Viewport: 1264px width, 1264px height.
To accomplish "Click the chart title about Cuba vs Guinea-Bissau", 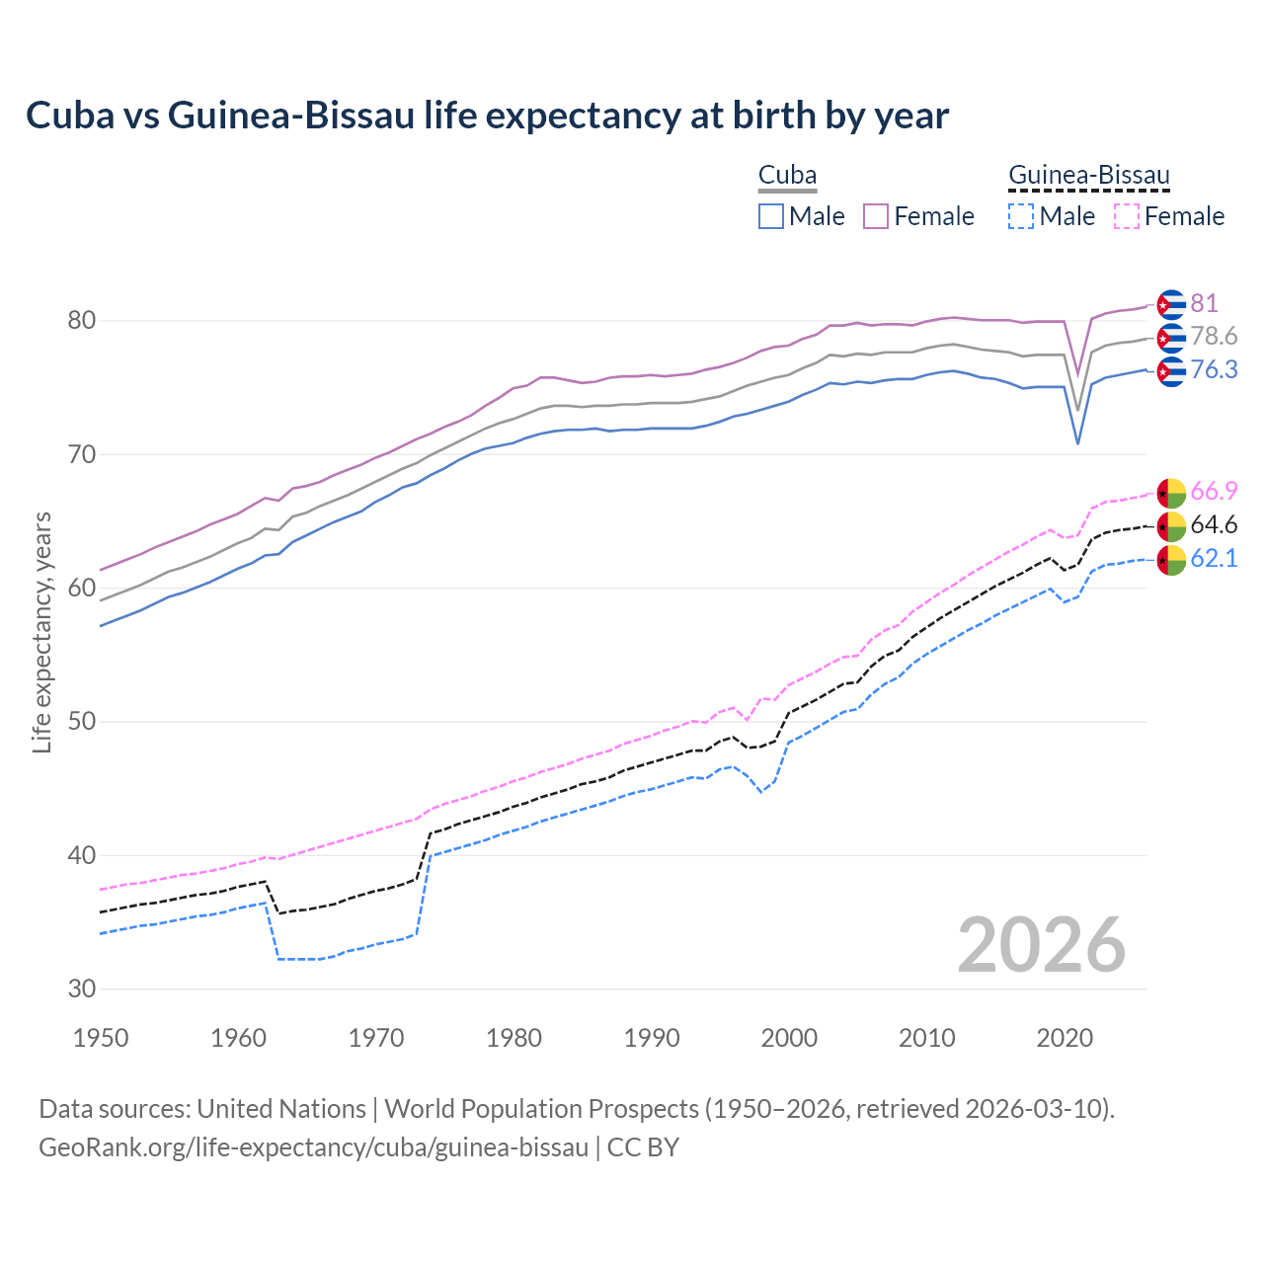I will pyautogui.click(x=487, y=116).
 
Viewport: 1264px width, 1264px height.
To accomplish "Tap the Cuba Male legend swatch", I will pyautogui.click(x=771, y=216).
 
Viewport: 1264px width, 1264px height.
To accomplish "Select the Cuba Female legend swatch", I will pyautogui.click(x=877, y=216).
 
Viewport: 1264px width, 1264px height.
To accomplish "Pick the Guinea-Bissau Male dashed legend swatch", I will pyautogui.click(x=1021, y=216).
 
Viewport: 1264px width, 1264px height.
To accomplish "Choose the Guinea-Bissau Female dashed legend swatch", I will pyautogui.click(x=1127, y=216).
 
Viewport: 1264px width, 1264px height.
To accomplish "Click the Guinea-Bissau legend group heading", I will pyautogui.click(x=1088, y=176).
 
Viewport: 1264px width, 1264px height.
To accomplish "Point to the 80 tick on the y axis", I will pyautogui.click(x=81, y=321).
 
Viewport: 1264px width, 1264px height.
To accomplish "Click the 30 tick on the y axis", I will pyautogui.click(x=81, y=988).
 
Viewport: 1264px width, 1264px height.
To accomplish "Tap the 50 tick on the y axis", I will pyautogui.click(x=81, y=722).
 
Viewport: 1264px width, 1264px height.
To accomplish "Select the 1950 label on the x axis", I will pyautogui.click(x=101, y=1038).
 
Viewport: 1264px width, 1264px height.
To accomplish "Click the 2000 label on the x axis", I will pyautogui.click(x=789, y=1038).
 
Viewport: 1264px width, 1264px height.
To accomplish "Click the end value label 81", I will pyautogui.click(x=1204, y=303).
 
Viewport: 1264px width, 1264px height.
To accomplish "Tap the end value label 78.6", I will pyautogui.click(x=1214, y=337).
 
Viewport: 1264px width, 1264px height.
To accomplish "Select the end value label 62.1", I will pyautogui.click(x=1214, y=559).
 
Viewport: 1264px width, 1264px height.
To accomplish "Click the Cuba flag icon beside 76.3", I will pyautogui.click(x=1170, y=371).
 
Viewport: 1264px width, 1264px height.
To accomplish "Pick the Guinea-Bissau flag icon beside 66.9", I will pyautogui.click(x=1170, y=493).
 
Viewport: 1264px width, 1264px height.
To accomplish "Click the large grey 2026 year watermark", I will pyautogui.click(x=1041, y=945).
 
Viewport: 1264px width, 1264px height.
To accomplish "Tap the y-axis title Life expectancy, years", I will pyautogui.click(x=42, y=632).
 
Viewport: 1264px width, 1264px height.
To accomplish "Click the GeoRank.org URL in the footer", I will pyautogui.click(x=313, y=1147).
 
